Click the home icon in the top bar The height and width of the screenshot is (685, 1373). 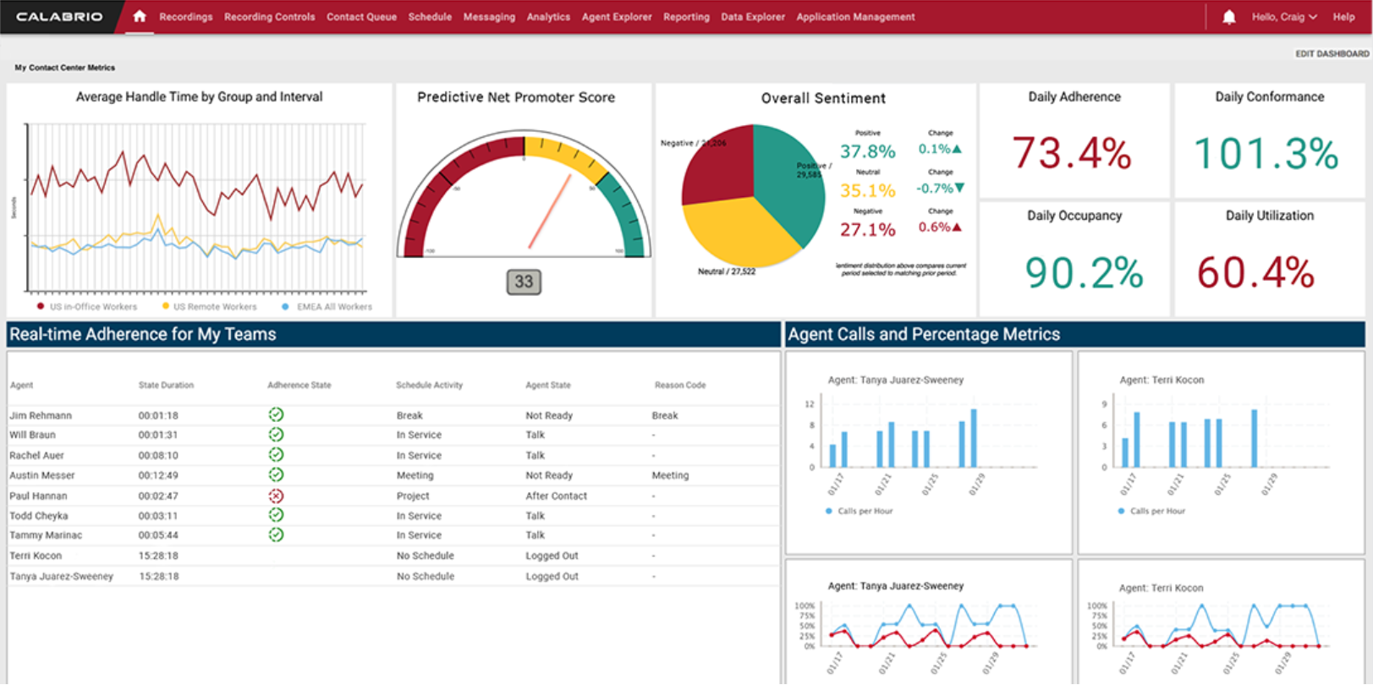(x=140, y=16)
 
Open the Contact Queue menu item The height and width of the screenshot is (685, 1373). (x=361, y=17)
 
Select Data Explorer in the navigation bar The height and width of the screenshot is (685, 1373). (x=752, y=17)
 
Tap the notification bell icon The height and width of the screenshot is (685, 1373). (x=1228, y=17)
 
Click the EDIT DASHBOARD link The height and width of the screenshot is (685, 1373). (x=1332, y=53)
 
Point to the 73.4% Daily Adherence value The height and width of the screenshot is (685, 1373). (x=1072, y=153)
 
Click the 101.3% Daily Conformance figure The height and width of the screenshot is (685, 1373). (x=1266, y=153)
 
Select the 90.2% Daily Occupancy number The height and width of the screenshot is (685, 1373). (x=1084, y=272)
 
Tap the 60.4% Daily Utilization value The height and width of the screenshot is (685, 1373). (x=1255, y=272)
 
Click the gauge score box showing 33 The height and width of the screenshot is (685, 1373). (x=524, y=282)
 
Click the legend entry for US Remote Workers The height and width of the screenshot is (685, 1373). (x=214, y=307)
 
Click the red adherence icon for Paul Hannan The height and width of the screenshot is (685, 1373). (x=276, y=496)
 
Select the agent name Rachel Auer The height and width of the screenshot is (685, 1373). (x=36, y=455)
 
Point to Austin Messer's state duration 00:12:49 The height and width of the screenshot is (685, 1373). (x=158, y=475)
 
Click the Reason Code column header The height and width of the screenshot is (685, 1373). (x=679, y=385)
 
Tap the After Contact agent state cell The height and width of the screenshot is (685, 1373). (x=556, y=496)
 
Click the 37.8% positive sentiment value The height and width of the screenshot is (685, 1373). (x=867, y=151)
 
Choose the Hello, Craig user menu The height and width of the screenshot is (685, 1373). (x=1283, y=17)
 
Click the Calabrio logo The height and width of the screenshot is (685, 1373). (x=59, y=17)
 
